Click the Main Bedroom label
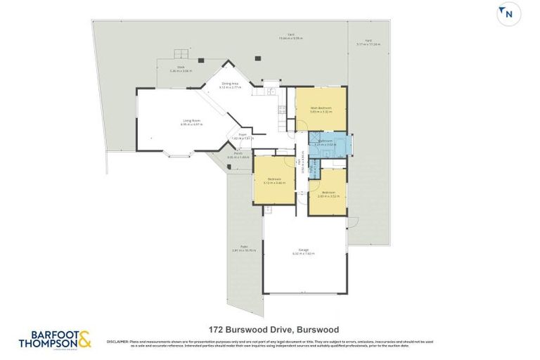321,109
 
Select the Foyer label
242,137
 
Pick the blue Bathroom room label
325,143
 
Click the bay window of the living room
175,154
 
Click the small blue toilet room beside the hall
315,169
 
